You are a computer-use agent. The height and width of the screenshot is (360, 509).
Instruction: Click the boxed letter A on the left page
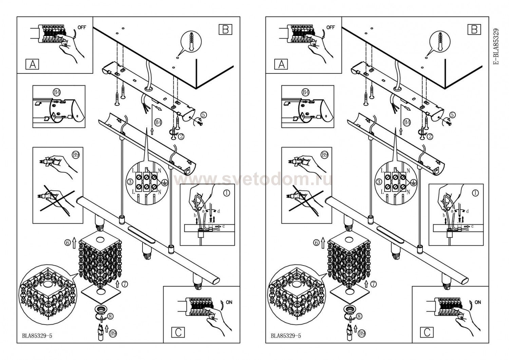[32, 65]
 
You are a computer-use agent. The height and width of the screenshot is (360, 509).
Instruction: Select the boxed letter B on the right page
[474, 29]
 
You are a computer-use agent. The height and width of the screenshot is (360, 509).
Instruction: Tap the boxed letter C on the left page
[178, 332]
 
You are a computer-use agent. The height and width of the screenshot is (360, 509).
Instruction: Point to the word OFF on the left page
[82, 27]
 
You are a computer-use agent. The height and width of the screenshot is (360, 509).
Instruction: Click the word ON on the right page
[478, 302]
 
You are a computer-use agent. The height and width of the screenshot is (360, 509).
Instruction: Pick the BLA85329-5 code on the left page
[37, 336]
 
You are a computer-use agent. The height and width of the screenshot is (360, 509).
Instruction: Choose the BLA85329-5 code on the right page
[286, 336]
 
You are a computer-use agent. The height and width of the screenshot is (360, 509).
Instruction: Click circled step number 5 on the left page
[204, 115]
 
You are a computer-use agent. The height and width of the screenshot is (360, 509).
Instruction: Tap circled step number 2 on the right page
[430, 137]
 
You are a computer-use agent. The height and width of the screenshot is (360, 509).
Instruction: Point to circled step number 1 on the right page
[475, 193]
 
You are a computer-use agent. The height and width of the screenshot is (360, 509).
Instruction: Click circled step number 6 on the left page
[67, 243]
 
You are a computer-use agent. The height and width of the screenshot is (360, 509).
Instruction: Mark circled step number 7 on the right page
[373, 284]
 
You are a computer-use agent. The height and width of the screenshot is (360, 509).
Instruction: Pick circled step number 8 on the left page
[111, 316]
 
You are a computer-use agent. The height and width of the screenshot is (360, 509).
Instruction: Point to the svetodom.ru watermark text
[253, 180]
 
